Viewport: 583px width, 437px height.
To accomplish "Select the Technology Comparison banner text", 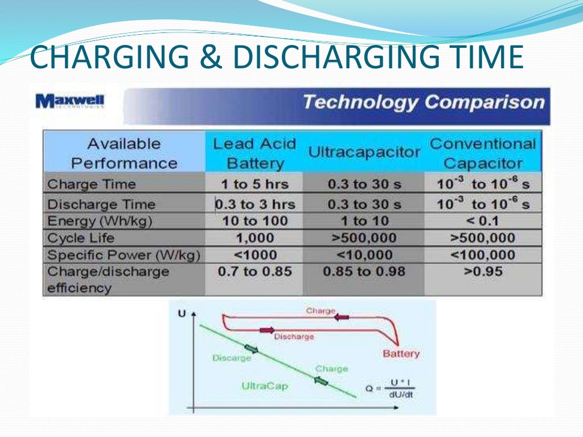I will coord(423,102).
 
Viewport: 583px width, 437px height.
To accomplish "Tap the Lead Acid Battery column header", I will coord(254,154).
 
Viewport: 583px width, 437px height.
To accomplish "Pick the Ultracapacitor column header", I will coord(364,152).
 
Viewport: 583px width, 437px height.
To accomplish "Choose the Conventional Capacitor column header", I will coord(482,154).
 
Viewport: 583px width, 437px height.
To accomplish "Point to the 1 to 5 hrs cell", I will coord(254,184).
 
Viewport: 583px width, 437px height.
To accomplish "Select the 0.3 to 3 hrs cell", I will coord(254,204).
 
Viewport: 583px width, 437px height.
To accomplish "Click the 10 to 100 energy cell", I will coord(254,221).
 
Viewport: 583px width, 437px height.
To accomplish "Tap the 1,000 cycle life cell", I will coord(254,238).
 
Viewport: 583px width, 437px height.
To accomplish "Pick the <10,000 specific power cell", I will coord(364,255).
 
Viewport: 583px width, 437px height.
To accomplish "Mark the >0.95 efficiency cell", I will coord(482,272).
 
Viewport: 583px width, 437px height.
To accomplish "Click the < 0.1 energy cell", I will coord(482,221).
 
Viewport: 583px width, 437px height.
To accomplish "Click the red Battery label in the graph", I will coord(401,354).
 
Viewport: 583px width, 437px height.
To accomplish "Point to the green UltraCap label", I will coord(265,386).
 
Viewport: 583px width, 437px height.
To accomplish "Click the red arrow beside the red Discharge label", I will coord(266,330).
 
